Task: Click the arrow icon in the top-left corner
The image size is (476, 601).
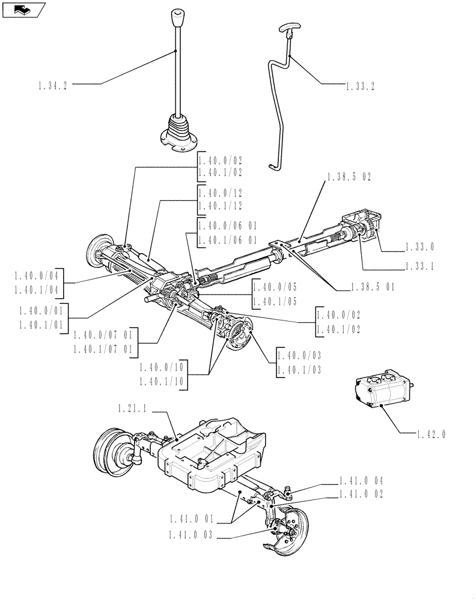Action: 23,8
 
